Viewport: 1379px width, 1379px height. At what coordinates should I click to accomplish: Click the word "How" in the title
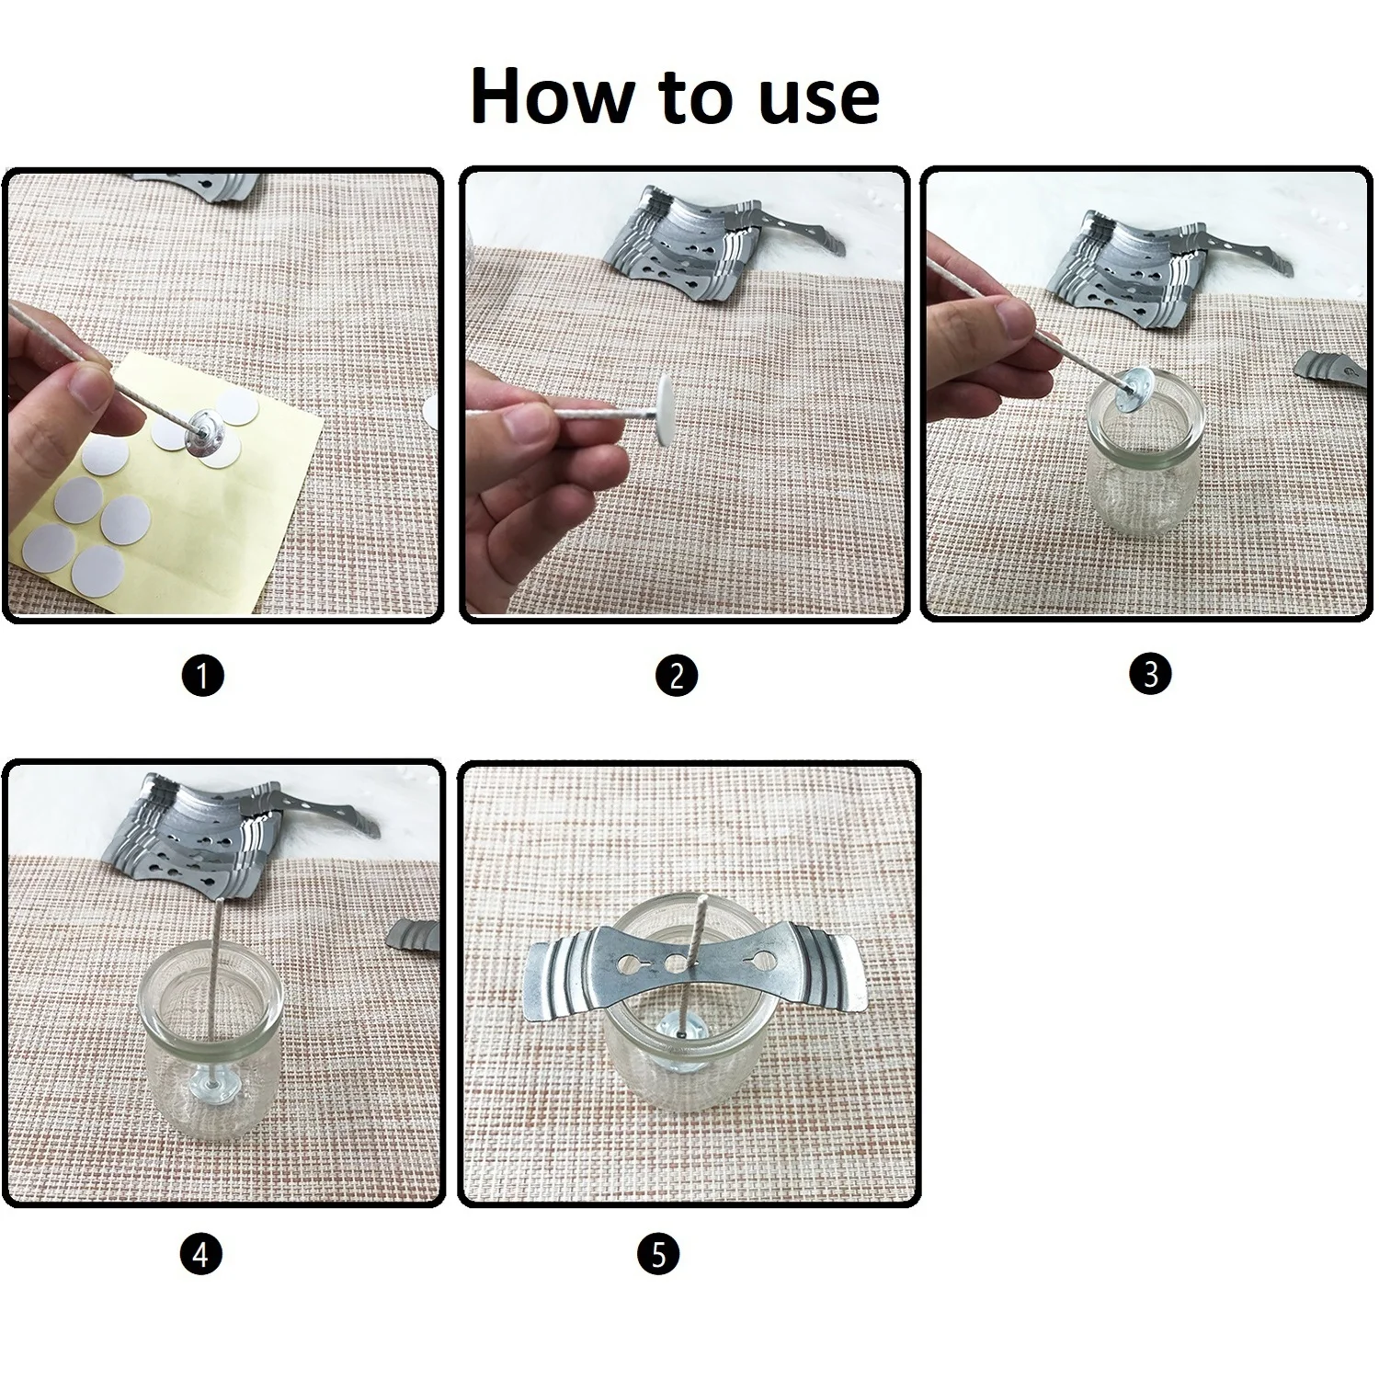pyautogui.click(x=555, y=96)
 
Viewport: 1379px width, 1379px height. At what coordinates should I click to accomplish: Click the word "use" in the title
pyautogui.click(x=819, y=101)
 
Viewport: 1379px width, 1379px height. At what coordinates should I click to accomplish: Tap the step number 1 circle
pyautogui.click(x=203, y=677)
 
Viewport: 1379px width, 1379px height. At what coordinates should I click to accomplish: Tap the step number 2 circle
pyautogui.click(x=677, y=676)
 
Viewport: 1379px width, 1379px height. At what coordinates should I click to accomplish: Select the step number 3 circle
pyautogui.click(x=1150, y=674)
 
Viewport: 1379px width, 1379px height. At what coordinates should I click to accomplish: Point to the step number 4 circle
pyautogui.click(x=201, y=1254)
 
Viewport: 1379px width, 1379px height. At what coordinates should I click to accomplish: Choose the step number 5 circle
pyautogui.click(x=658, y=1254)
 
